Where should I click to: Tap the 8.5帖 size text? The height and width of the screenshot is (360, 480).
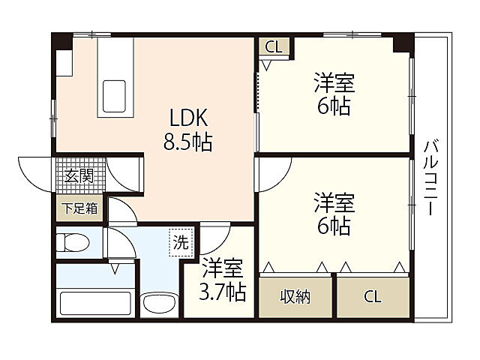(x=187, y=141)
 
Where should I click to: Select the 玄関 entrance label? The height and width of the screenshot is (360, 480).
(x=78, y=177)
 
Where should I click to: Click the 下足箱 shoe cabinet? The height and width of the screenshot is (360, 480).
(x=79, y=208)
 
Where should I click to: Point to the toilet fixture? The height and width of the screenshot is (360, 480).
(x=73, y=242)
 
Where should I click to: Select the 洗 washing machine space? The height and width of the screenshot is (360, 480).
(x=181, y=241)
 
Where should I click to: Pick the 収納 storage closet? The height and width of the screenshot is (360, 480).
(x=295, y=295)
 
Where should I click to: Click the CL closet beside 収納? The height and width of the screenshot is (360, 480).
(x=373, y=296)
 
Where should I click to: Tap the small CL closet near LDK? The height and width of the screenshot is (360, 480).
(x=274, y=47)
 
